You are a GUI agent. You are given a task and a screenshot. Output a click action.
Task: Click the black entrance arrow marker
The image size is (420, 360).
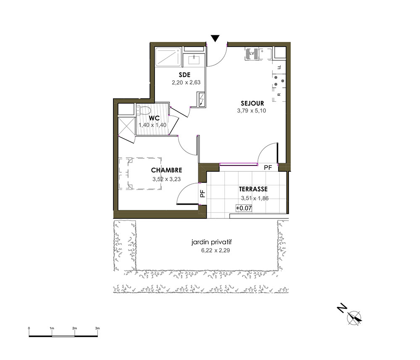coord(215,38)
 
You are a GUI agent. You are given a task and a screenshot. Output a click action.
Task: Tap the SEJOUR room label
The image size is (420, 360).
coord(252,103)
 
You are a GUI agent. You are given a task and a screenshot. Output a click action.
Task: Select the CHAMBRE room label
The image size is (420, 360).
coord(167,170)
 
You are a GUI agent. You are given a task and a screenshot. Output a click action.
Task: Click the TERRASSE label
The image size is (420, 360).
coord(253,189)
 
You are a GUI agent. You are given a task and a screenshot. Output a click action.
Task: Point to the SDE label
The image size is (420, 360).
coord(184,75)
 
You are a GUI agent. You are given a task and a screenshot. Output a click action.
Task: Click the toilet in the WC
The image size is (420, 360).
coord(144,110)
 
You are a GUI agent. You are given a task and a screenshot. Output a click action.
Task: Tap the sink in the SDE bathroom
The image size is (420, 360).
coord(194,60)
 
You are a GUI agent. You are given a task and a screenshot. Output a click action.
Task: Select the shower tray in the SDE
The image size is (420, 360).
coord(168,57)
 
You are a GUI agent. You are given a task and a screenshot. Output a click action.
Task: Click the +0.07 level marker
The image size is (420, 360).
coord(244,208)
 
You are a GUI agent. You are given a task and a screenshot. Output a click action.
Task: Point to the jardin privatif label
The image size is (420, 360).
coord(212,242)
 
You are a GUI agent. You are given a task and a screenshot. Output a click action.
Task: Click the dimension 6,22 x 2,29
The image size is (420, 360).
coord(215,251)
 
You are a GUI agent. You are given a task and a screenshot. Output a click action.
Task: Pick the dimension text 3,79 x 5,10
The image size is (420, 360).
coord(252,110)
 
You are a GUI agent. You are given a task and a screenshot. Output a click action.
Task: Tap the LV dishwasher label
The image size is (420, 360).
coord(252,54)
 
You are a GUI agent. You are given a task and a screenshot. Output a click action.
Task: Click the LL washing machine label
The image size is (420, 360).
coord(279,67)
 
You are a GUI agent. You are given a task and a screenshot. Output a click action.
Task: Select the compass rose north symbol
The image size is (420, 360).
coord(354,318)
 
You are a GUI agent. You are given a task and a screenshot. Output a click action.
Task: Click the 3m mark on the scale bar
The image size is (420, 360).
coord(97,328)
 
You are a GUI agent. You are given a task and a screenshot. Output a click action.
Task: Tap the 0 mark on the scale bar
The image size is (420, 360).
coord(29,328)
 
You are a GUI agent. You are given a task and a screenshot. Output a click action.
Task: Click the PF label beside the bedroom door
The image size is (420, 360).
coord(203,194)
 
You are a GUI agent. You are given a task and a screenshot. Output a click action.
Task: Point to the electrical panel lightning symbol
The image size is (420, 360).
coord(202,100)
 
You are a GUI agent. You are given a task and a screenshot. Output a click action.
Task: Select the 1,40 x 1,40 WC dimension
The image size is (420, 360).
coord(152,125)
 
